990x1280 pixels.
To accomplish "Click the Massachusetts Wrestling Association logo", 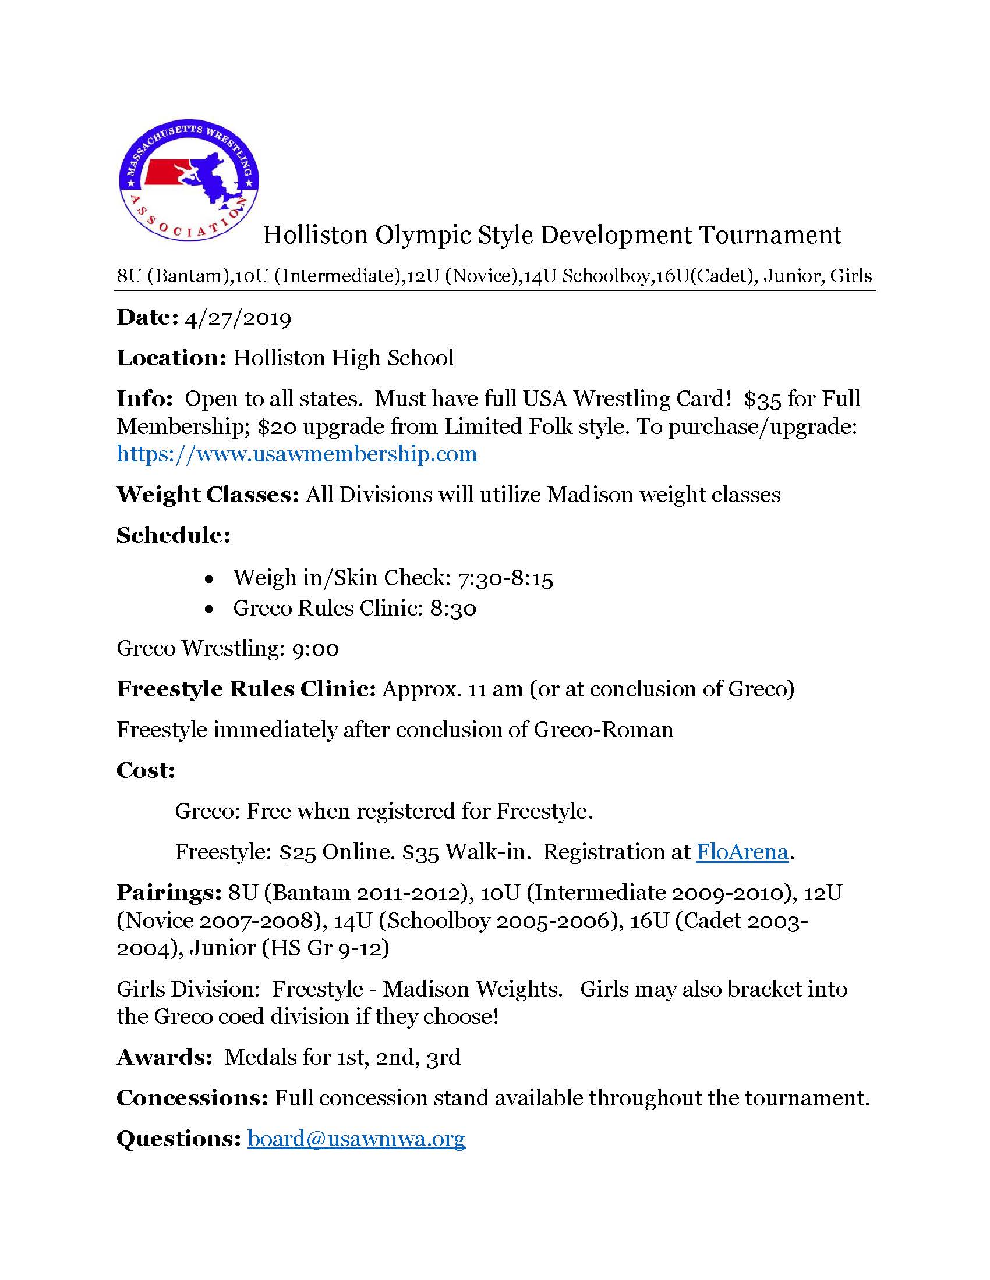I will [188, 183].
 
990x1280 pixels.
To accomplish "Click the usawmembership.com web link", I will [297, 454].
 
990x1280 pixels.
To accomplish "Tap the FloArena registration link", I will [742, 852].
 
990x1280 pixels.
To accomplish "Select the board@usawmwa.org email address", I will [356, 1138].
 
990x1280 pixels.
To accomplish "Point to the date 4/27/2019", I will [238, 318].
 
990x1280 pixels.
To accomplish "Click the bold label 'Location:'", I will [171, 358].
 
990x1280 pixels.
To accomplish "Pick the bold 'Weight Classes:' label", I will [208, 495].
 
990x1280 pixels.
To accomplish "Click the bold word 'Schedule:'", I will [174, 535].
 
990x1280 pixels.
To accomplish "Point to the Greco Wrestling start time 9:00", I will [316, 649].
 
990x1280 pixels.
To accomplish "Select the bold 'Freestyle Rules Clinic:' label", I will [246, 689].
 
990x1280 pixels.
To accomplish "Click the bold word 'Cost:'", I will [146, 770].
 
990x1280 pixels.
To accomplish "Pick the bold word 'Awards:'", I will [164, 1057].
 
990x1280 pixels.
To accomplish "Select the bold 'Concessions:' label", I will [192, 1098].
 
